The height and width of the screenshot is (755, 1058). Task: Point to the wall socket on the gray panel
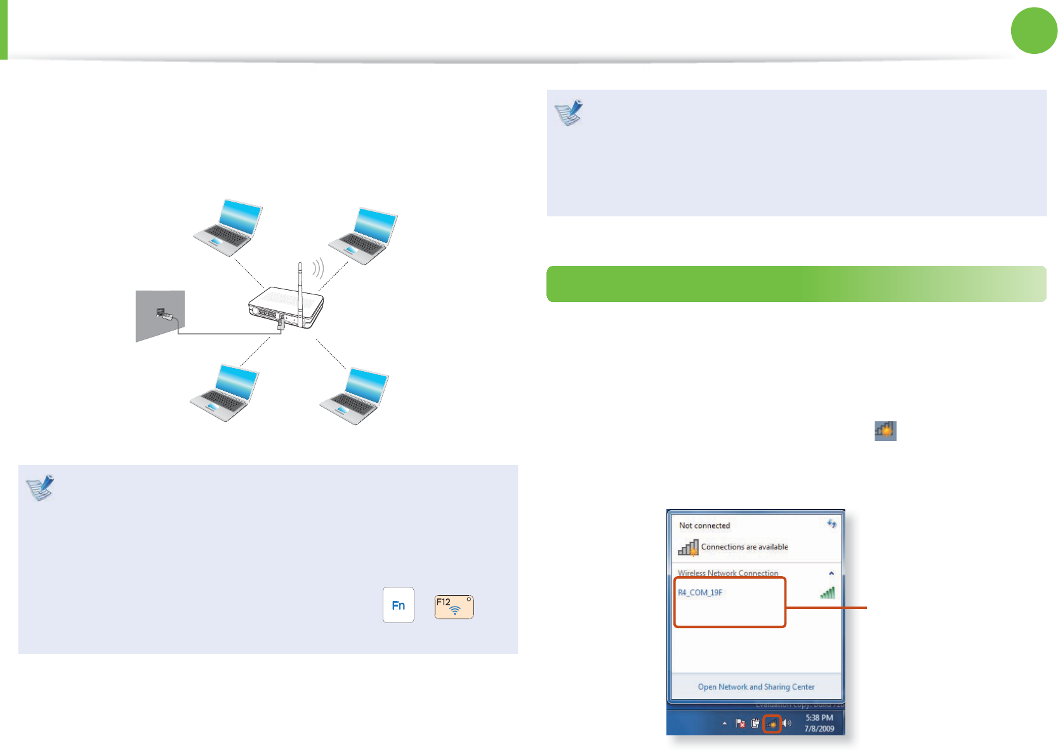pos(161,313)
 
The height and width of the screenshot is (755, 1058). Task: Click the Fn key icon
pos(399,605)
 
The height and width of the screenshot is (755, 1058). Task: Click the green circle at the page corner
pos(1034,30)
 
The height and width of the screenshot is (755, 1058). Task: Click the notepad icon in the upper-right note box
pos(569,113)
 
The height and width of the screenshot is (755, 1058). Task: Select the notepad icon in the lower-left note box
pos(40,487)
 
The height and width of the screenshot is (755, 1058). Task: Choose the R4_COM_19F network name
pos(700,593)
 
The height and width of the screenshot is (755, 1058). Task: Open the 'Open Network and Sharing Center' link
pos(756,686)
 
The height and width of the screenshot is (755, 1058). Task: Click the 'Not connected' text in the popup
pos(704,525)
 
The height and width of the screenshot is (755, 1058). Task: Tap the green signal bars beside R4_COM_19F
pos(827,593)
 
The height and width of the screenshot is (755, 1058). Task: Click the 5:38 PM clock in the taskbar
pos(819,718)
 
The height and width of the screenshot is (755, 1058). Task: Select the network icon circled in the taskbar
pos(772,723)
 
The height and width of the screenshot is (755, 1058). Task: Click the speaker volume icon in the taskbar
pos(787,723)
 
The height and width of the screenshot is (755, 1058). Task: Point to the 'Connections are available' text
pos(744,547)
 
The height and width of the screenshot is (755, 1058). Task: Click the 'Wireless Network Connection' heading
pos(727,573)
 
